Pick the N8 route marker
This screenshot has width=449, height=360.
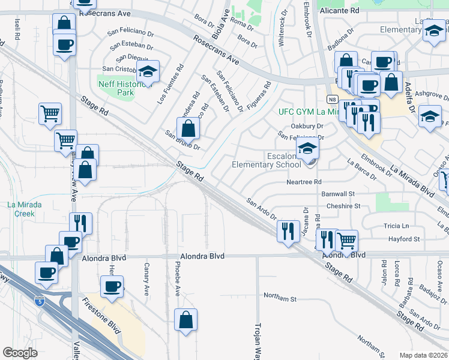point(332,99)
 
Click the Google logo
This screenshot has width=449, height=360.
point(20,353)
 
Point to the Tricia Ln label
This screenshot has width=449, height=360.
point(396,226)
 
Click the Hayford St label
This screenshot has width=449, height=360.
point(403,239)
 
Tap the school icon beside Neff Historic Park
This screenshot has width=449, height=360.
point(147,71)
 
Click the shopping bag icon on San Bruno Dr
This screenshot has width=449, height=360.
point(188,128)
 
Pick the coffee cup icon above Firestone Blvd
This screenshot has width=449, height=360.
point(112,286)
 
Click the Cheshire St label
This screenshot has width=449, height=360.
point(343,206)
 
